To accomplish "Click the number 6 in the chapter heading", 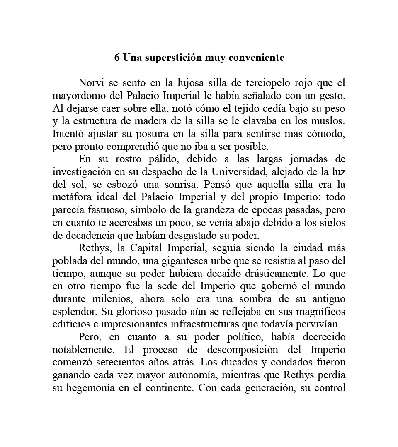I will [117, 58].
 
